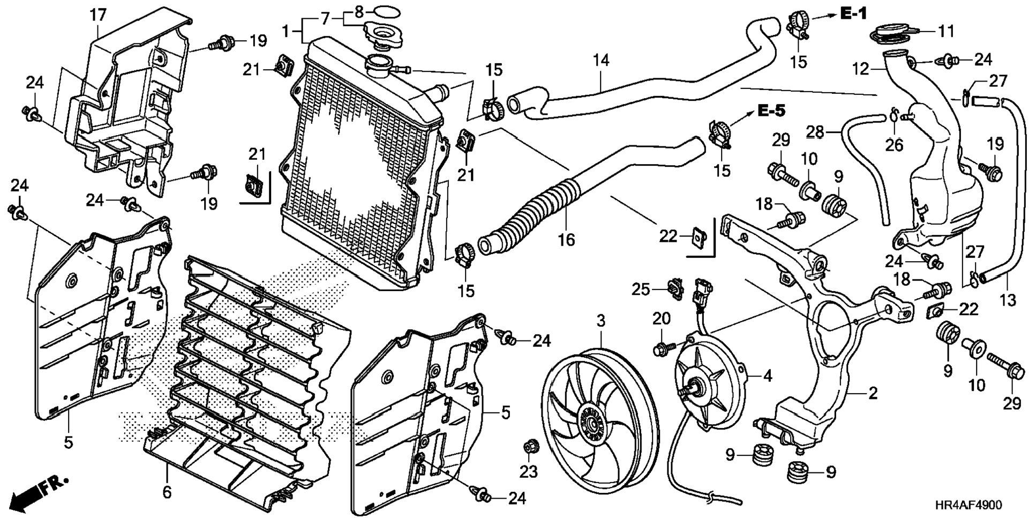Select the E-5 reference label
point(771,112)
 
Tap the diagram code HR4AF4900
point(968,505)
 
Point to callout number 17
point(98,16)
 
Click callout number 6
point(167,492)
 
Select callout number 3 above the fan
point(601,321)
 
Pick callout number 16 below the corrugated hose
point(566,239)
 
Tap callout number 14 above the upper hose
point(601,60)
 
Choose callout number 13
point(1008,300)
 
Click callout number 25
point(641,290)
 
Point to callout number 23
point(528,471)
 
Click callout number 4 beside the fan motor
point(768,376)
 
